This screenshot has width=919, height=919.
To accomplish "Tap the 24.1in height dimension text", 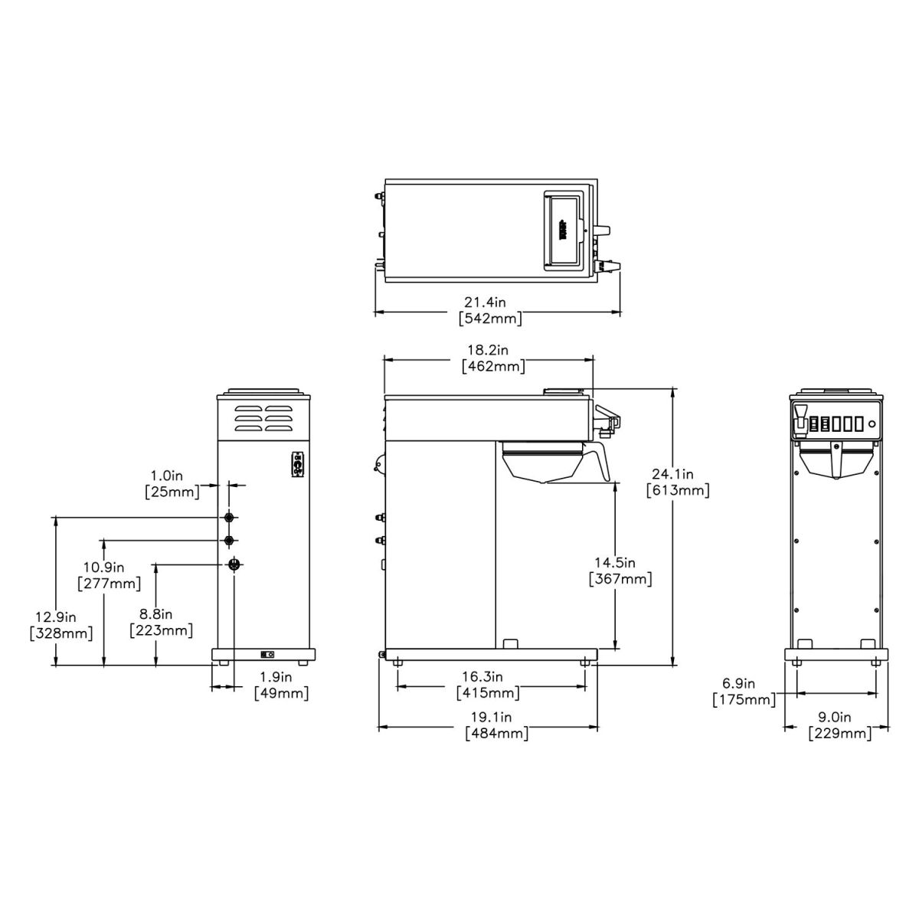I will pyautogui.click(x=678, y=482).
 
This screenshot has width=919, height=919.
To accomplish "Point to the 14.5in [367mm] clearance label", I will pyautogui.click(x=620, y=571).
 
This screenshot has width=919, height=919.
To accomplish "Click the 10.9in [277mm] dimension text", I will pyautogui.click(x=109, y=575).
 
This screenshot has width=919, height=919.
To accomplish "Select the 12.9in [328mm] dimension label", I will pyautogui.click(x=61, y=625).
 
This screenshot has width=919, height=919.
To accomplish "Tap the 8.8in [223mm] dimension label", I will pyautogui.click(x=160, y=623).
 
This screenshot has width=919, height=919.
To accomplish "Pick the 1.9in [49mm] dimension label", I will pyautogui.click(x=281, y=685).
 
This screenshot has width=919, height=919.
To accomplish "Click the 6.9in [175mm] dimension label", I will pyautogui.click(x=744, y=692).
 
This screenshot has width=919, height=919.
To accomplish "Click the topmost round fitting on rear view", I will pyautogui.click(x=229, y=518).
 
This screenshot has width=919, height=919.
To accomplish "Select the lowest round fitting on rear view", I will pyautogui.click(x=235, y=564).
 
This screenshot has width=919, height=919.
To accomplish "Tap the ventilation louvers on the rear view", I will pyautogui.click(x=263, y=419).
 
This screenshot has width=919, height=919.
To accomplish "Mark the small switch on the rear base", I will pyautogui.click(x=268, y=655).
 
